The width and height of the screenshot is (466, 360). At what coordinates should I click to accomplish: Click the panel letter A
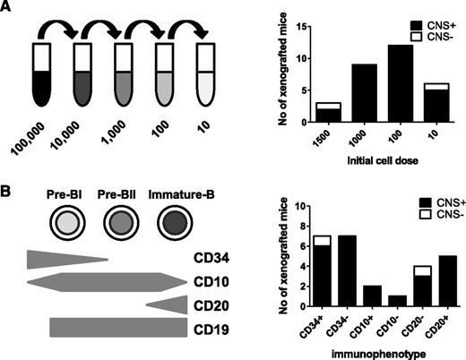pyautogui.click(x=8, y=10)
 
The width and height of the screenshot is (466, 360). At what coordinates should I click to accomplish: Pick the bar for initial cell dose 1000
pyautogui.click(x=344, y=103)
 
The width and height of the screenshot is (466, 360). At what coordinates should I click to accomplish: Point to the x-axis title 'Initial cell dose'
pyautogui.click(x=362, y=168)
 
